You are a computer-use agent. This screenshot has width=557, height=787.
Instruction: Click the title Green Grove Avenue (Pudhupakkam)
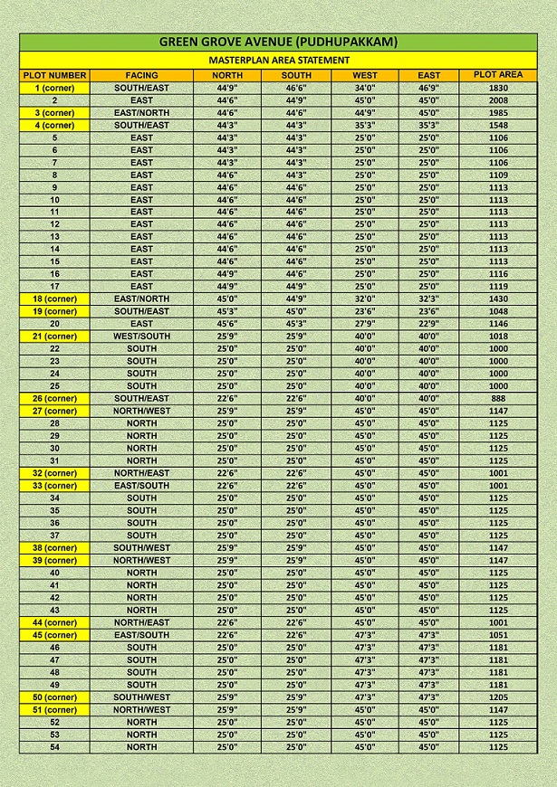[x=278, y=42]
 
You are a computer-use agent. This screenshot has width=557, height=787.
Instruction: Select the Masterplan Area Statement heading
[x=278, y=59]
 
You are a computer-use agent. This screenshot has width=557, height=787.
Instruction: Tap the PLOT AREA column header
[x=498, y=74]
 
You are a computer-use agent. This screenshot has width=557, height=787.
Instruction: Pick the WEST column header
[x=365, y=75]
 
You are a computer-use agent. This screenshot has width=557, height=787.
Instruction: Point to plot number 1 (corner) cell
[x=54, y=88]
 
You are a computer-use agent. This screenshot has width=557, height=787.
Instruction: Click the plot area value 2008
[x=498, y=100]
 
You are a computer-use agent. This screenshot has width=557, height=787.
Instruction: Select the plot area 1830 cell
[x=498, y=88]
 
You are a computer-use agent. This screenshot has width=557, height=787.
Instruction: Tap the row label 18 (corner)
[x=54, y=299]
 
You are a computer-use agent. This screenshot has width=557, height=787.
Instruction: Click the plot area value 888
[x=498, y=398]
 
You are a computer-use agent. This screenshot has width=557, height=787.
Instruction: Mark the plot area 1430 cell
[x=498, y=299]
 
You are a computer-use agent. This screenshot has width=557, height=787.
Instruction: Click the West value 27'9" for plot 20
[x=365, y=323]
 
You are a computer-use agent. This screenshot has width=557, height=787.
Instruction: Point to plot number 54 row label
[x=54, y=747]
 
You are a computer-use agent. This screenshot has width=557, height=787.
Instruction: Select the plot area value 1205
[x=498, y=697]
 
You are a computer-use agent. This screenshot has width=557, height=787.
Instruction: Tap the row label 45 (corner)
[x=54, y=635]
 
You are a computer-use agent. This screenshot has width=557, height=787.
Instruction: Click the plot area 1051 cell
[x=498, y=635]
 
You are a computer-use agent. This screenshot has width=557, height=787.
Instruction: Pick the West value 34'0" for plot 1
[x=365, y=88]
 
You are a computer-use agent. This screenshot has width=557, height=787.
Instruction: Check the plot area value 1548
[x=498, y=125]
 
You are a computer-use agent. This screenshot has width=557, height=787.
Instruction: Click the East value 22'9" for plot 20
[x=429, y=323]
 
